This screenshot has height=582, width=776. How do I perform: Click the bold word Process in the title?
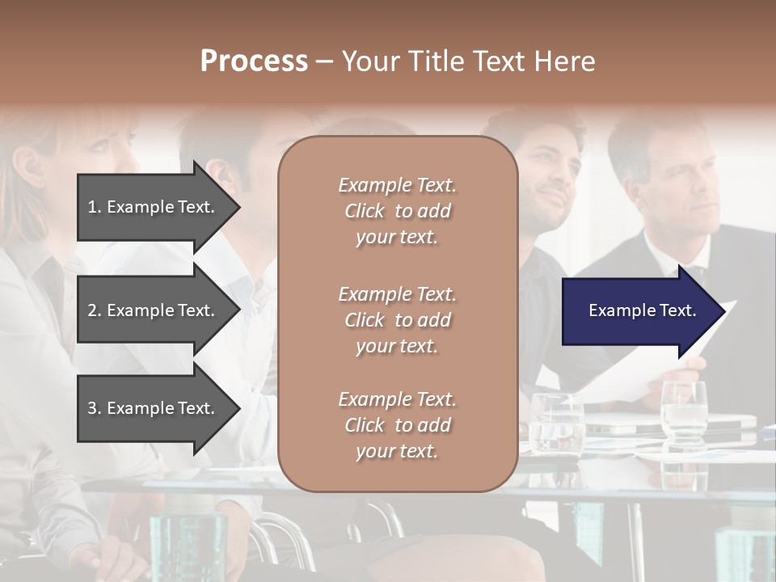click(x=254, y=61)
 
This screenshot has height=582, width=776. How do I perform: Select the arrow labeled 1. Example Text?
click(x=154, y=207)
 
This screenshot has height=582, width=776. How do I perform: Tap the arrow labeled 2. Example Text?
click(x=154, y=310)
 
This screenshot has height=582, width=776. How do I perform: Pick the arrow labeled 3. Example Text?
click(x=154, y=408)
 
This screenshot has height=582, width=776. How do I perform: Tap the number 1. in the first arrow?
click(x=95, y=207)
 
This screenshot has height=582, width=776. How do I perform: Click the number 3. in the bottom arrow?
click(x=95, y=408)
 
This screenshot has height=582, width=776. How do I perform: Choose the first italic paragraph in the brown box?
click(x=397, y=211)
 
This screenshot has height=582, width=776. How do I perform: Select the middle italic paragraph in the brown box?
click(x=397, y=320)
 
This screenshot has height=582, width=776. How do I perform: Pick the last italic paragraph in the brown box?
click(x=397, y=425)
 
